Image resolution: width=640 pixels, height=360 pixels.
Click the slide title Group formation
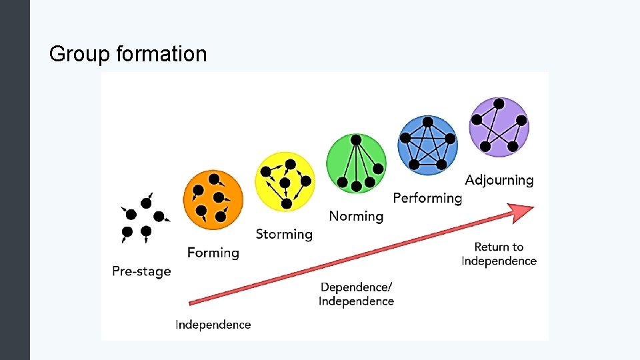[x=128, y=53]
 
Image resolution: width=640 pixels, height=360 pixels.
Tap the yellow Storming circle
[x=285, y=181]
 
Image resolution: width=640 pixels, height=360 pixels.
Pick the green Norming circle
[x=356, y=163]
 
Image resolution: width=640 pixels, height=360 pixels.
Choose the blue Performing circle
[x=427, y=145]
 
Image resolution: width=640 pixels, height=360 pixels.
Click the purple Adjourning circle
[x=499, y=127]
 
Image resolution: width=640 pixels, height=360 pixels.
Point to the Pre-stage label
[x=141, y=271]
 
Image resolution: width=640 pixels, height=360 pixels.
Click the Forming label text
[x=213, y=253]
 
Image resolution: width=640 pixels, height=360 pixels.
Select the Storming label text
[x=284, y=234]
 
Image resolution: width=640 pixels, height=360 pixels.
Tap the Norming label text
[x=356, y=216]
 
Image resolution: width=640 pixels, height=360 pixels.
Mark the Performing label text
[x=427, y=198]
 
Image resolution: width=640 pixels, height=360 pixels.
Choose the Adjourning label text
[x=499, y=180]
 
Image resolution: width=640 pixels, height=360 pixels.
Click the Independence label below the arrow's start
[x=213, y=325]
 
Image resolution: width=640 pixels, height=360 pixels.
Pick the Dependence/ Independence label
[x=356, y=294]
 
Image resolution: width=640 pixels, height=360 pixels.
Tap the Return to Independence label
[x=499, y=254]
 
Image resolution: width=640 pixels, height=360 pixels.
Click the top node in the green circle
[x=356, y=140]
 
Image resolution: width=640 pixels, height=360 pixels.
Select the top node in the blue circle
[x=427, y=122]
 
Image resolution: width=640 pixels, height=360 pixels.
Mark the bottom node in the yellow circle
[x=287, y=203]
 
